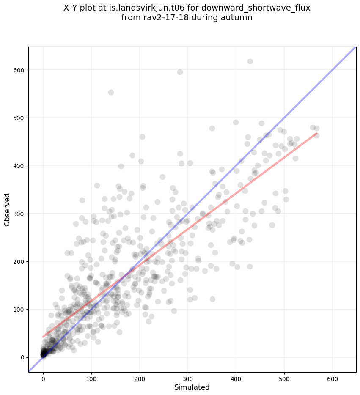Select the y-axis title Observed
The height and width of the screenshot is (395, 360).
[7, 209]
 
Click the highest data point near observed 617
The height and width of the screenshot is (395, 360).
[250, 61]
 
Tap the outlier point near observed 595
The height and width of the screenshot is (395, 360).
[180, 72]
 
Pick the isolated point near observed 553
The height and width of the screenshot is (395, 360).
[111, 92]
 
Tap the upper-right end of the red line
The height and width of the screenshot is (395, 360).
[316, 134]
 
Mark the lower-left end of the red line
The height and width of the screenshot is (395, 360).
[43, 337]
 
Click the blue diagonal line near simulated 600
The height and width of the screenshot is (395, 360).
[332, 70]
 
